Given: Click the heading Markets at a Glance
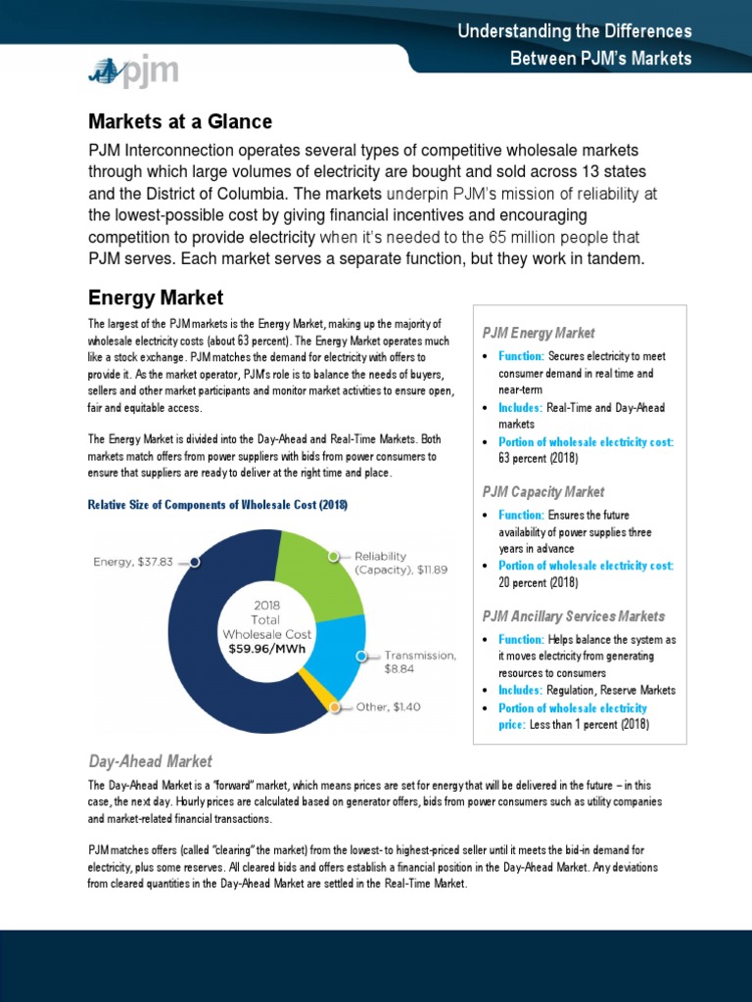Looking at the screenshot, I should coord(180,121).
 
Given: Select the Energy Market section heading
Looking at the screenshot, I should coord(156,296).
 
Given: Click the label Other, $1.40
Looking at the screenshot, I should coord(387,706).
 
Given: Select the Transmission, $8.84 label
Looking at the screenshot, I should coord(418,662).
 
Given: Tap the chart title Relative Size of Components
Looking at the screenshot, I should coord(217,505).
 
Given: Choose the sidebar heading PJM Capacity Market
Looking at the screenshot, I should coord(543,491).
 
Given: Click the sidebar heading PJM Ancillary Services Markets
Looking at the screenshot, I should coord(573,615).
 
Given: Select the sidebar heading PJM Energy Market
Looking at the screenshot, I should coord(539,333).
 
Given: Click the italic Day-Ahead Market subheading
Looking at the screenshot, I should coord(150,760).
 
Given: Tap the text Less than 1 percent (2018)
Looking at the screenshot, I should coord(588,724).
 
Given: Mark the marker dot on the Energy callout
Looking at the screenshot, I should coord(195,562).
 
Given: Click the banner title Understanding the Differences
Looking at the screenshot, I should coord(575,31).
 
